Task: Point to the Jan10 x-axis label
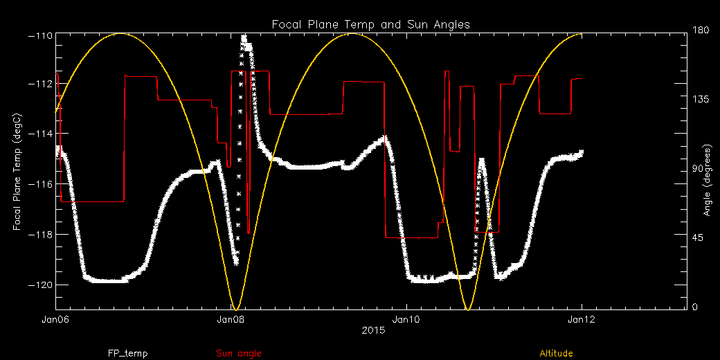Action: (x=406, y=320)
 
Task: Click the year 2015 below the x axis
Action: (x=373, y=332)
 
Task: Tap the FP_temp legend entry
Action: (x=127, y=354)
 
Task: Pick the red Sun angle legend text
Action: (x=239, y=354)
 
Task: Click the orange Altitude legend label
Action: (x=556, y=354)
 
